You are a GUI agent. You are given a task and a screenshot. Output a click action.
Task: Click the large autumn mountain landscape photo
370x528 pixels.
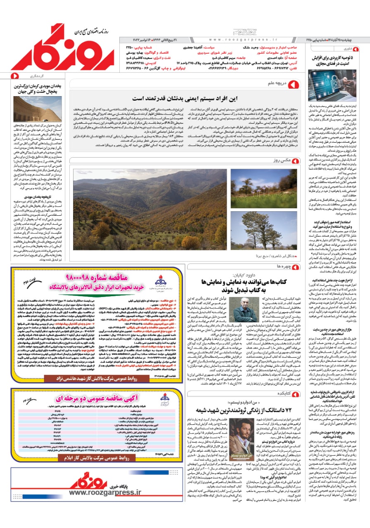coord(150,209)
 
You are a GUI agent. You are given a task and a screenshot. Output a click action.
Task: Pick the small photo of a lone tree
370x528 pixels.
coord(263,231)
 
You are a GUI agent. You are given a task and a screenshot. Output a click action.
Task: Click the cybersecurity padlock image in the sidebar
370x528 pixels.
coord(332,86)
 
